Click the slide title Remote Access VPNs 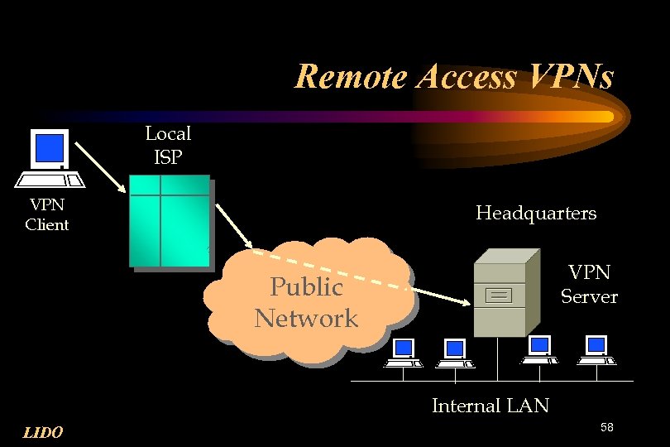[454, 77]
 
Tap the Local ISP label [168, 144]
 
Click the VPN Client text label [47, 214]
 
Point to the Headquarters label [535, 214]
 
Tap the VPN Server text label [589, 284]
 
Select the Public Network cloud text [306, 303]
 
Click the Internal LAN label [490, 406]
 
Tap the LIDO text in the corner [43, 431]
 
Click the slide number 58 [607, 427]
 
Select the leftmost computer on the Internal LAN [404, 353]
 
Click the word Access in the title [467, 77]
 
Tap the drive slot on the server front [500, 293]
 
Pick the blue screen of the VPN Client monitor [50, 148]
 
